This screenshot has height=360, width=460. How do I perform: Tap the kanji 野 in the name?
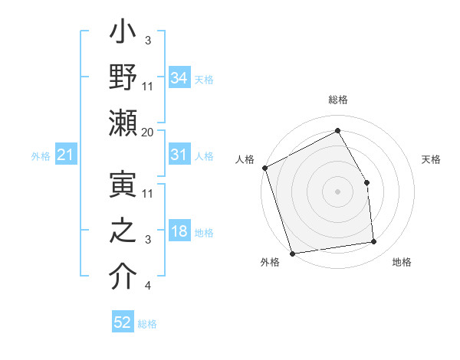[123, 77]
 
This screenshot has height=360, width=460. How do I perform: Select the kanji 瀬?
[123, 123]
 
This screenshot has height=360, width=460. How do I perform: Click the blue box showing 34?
[179, 77]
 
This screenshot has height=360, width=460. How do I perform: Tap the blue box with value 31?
[179, 154]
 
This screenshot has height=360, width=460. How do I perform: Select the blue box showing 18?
[179, 231]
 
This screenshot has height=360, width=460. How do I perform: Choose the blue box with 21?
[66, 155]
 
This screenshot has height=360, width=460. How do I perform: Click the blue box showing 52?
[123, 322]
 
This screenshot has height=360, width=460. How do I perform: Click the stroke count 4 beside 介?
[148, 286]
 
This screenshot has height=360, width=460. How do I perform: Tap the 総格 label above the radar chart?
[337, 100]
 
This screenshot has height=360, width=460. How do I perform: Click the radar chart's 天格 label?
[431, 159]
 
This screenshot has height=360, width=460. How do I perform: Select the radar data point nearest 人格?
[264, 168]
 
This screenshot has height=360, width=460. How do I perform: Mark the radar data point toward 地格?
[373, 242]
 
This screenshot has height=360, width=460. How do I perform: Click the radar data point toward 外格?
[292, 253]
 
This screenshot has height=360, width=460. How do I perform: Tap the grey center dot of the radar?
[337, 191]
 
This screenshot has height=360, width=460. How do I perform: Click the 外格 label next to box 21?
[41, 156]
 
